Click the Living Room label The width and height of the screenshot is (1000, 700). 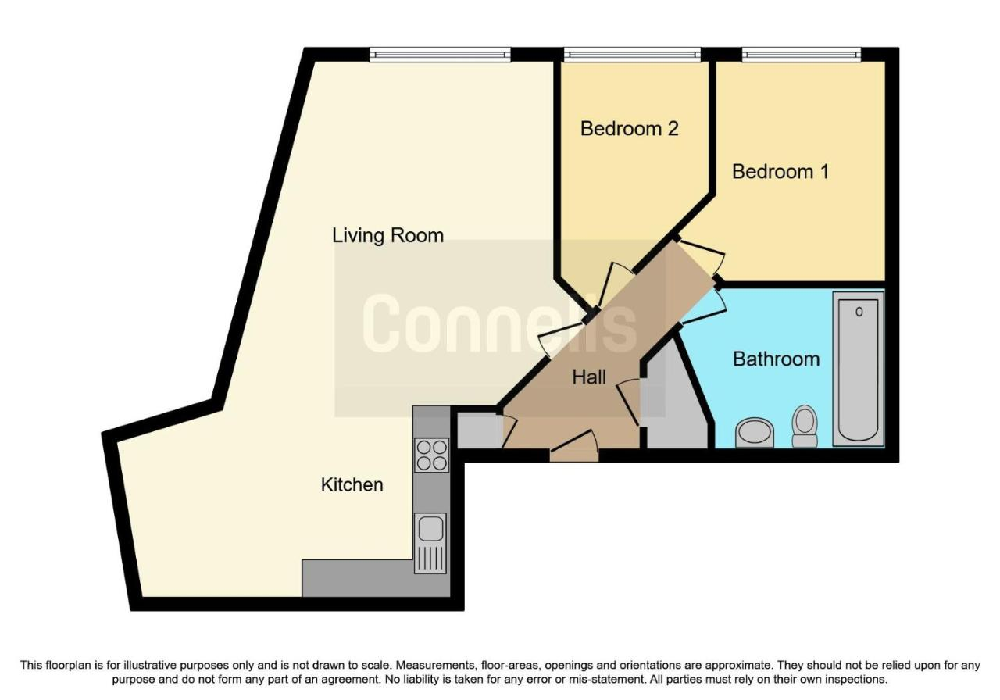(387, 236)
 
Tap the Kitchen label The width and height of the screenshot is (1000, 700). (352, 485)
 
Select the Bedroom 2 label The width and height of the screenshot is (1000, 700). (629, 129)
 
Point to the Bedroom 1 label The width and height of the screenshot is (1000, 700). (780, 172)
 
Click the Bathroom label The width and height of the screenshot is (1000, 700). (776, 359)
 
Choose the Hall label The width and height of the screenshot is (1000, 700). (589, 377)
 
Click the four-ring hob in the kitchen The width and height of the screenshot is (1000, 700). (431, 455)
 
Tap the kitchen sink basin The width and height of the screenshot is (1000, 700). (430, 529)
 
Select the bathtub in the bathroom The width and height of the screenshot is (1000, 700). (858, 370)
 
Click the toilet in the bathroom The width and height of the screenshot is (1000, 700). (805, 426)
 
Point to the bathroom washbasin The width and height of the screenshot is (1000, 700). (755, 432)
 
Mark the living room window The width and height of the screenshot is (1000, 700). (440, 55)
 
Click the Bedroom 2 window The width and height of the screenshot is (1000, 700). (632, 55)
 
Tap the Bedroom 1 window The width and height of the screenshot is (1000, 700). (802, 55)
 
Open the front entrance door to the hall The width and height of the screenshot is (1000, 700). (574, 446)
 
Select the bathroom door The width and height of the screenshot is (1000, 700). (701, 308)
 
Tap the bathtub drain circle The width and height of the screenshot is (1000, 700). (859, 312)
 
